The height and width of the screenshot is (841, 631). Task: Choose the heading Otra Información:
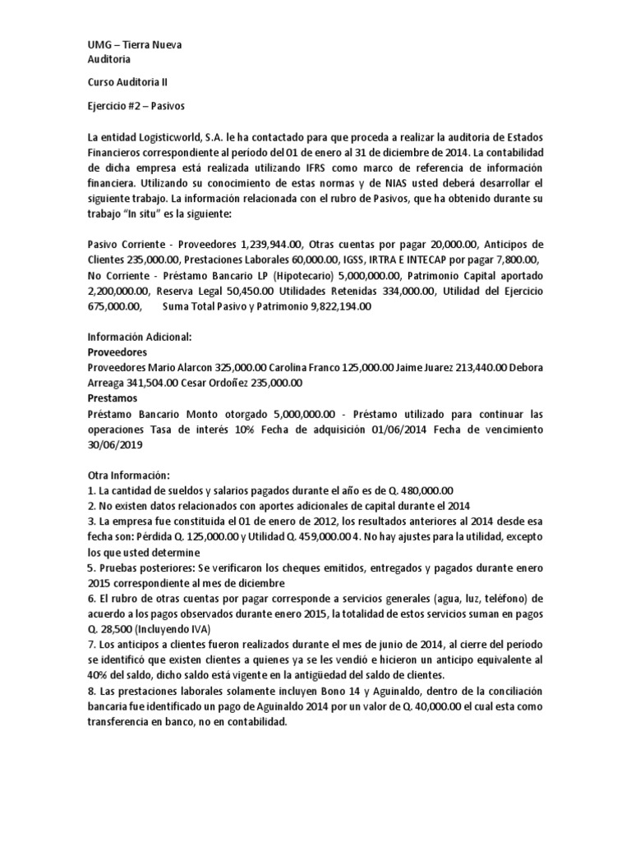pyautogui.click(x=127, y=476)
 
